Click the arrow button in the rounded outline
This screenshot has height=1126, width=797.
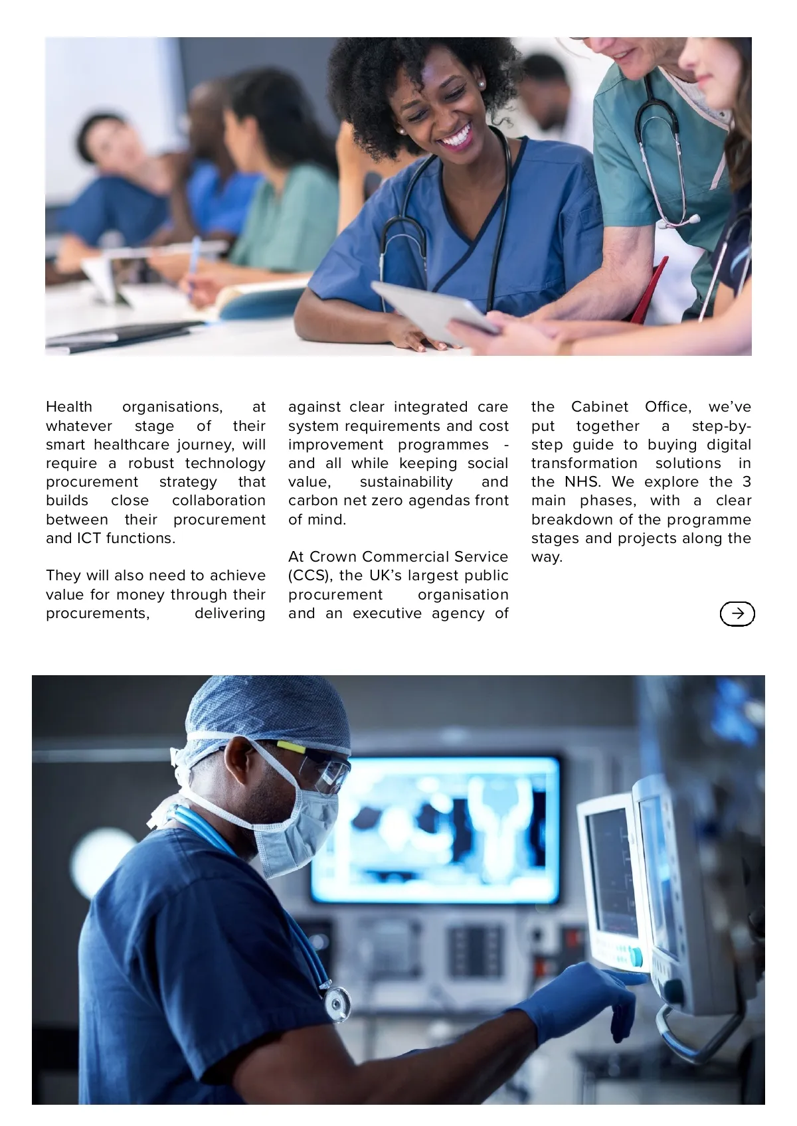click(737, 613)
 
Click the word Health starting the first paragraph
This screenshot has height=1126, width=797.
click(69, 407)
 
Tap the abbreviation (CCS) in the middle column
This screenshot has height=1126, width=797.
click(309, 576)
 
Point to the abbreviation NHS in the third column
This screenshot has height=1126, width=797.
click(582, 482)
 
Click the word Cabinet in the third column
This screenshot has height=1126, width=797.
click(599, 407)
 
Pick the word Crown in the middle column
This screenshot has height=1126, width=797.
click(333, 557)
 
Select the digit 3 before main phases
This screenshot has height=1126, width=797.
click(747, 482)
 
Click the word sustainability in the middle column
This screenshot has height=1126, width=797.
click(406, 482)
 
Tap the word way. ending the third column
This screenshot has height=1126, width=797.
click(547, 557)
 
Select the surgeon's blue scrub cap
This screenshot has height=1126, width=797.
click(266, 710)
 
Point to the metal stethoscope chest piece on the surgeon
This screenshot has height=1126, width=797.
click(337, 1003)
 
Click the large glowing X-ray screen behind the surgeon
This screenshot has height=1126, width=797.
click(438, 830)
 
